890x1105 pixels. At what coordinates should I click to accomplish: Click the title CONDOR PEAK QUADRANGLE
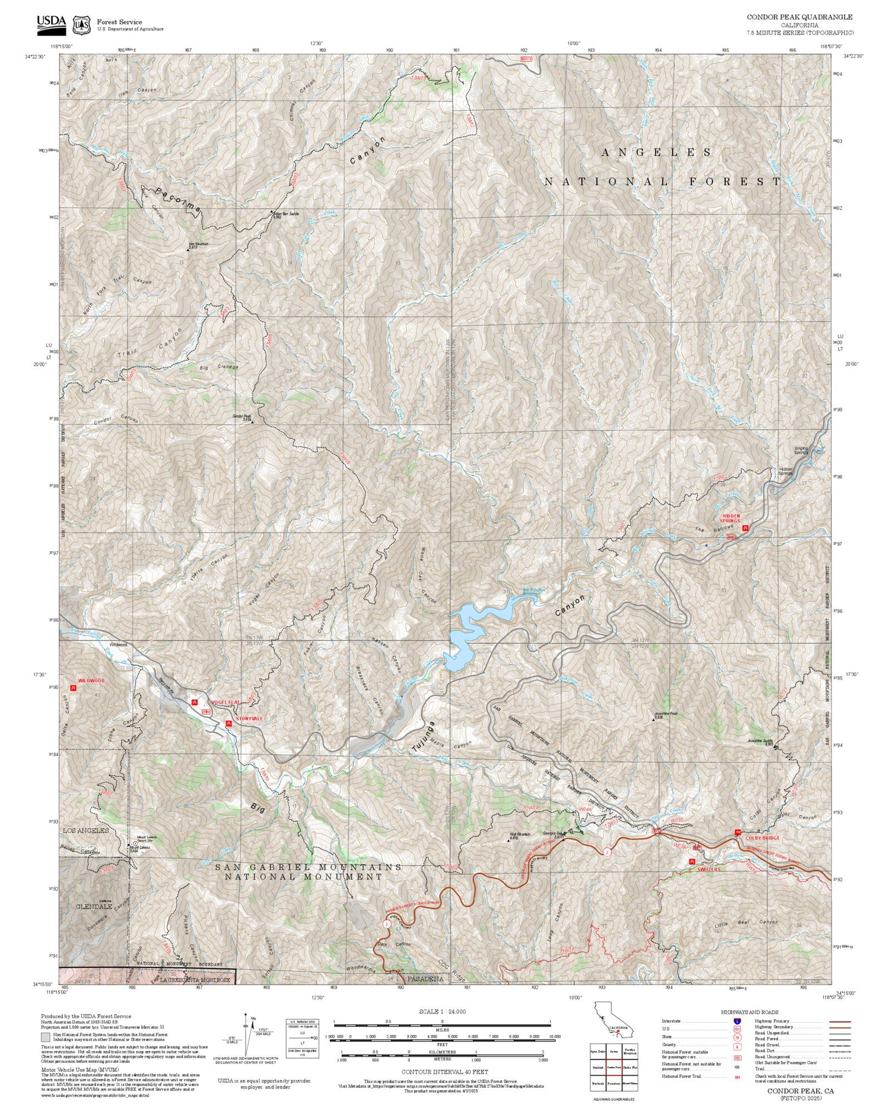(799, 17)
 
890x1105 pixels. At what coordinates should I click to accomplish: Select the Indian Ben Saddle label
(286, 214)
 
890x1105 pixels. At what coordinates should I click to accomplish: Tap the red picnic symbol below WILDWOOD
(73, 688)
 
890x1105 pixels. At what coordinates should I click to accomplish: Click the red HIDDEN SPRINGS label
(730, 518)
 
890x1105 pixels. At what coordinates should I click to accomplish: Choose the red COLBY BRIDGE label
(762, 838)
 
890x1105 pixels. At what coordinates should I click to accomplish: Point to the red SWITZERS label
(708, 869)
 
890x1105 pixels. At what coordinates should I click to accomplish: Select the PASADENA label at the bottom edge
(425, 979)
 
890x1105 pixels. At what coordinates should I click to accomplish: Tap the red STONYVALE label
(249, 719)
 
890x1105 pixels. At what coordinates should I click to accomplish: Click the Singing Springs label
(802, 450)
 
